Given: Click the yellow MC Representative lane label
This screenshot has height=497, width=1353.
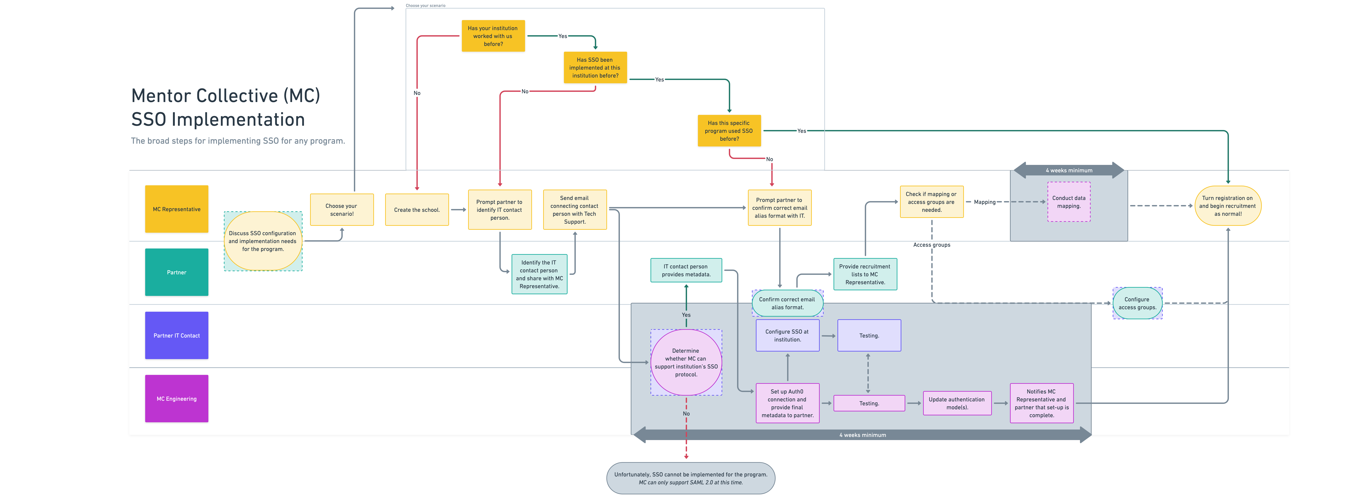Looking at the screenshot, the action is tap(176, 209).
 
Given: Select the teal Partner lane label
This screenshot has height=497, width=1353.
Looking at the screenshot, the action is tap(176, 272).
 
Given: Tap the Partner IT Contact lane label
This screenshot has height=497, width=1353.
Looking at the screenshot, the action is tap(176, 335).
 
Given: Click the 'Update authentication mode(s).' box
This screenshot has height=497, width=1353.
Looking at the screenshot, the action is tap(957, 403).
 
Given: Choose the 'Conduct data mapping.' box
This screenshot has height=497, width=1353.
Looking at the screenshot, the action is tap(1069, 202).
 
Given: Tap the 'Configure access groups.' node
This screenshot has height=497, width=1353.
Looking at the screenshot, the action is tap(1137, 303).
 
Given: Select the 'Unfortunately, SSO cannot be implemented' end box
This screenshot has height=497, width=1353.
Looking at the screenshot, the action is tap(691, 478).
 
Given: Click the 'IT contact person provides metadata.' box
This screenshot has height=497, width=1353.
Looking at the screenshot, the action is tap(686, 270).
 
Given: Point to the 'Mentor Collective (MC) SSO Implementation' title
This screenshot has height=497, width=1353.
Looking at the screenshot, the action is tap(226, 107).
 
